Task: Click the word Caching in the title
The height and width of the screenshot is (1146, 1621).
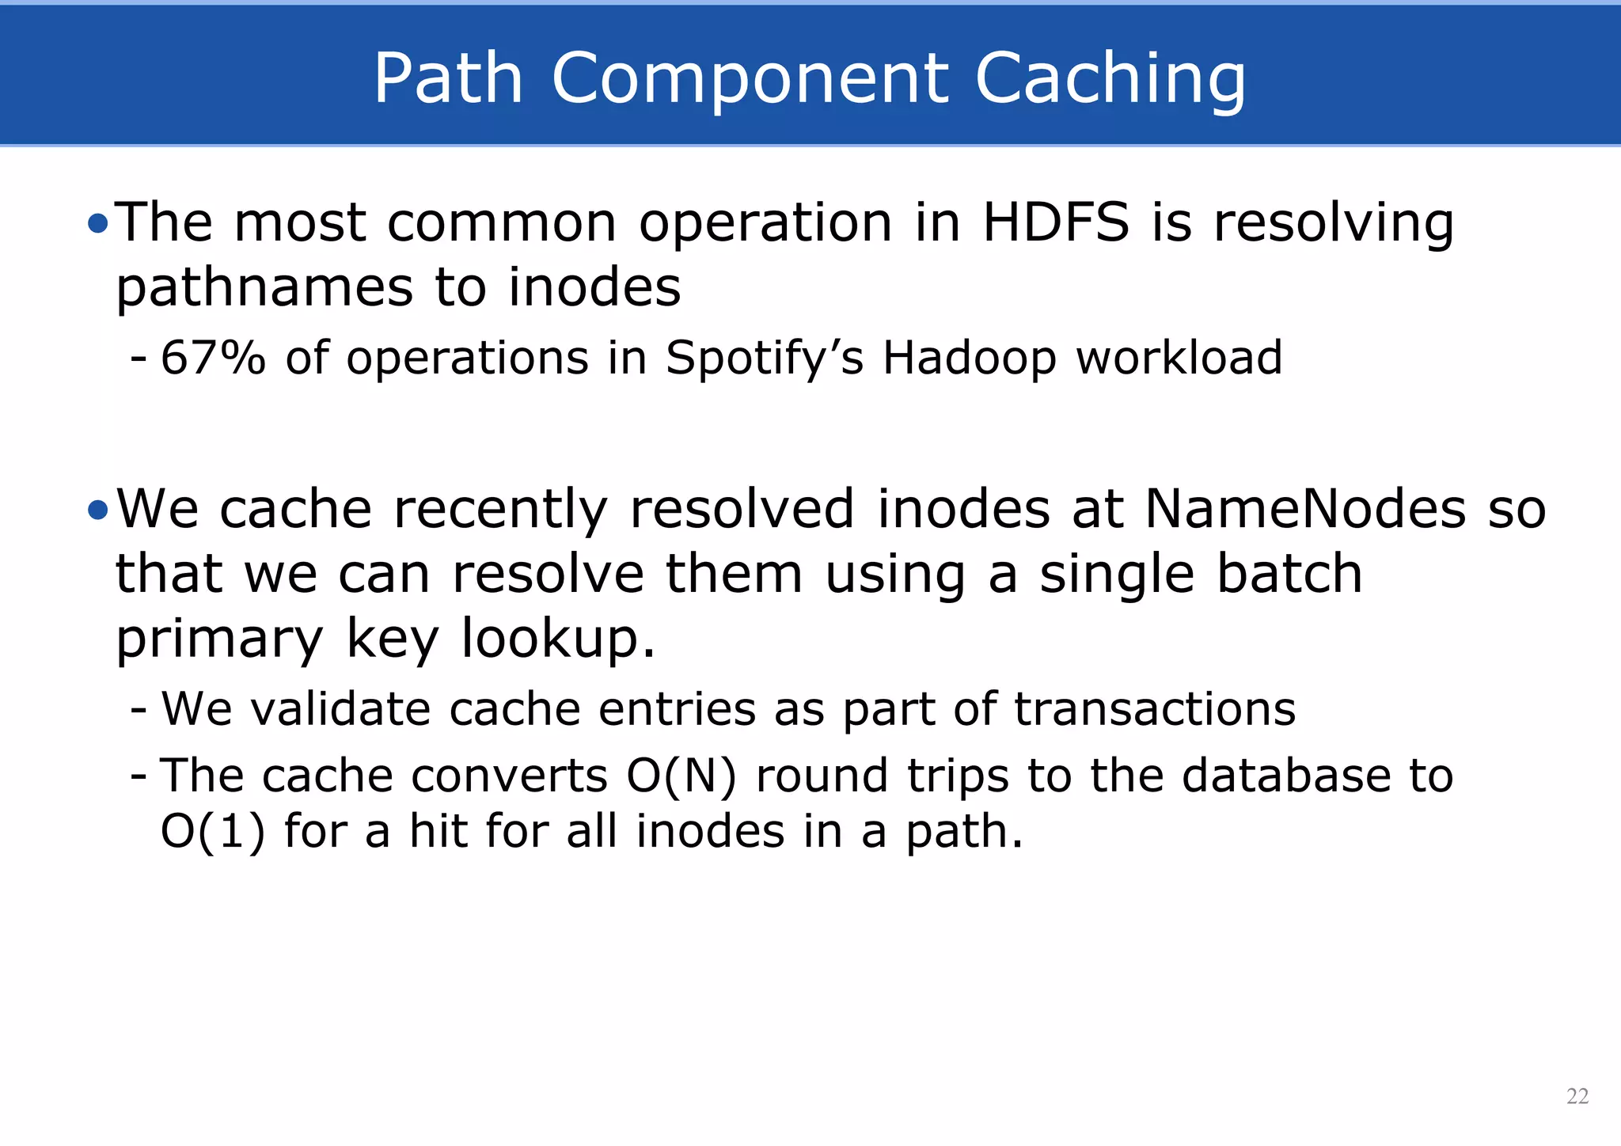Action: [x=1110, y=79]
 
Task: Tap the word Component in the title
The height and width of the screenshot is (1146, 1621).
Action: [x=749, y=79]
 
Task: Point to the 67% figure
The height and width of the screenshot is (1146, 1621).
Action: [x=213, y=358]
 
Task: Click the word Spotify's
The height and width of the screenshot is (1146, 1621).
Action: [x=764, y=358]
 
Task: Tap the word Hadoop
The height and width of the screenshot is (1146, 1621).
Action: [x=970, y=358]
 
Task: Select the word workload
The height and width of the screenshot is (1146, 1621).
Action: [x=1179, y=358]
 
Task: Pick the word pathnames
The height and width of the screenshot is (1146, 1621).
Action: [x=264, y=288]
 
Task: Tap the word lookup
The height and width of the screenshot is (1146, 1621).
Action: [x=558, y=639]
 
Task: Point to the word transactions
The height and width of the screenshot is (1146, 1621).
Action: [x=1155, y=708]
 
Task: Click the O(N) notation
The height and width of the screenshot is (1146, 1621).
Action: [x=681, y=776]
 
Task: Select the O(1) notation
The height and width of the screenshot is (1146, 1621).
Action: [x=212, y=832]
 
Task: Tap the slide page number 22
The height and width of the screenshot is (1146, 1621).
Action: [x=1577, y=1096]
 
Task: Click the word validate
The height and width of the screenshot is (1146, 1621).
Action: [x=340, y=708]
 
